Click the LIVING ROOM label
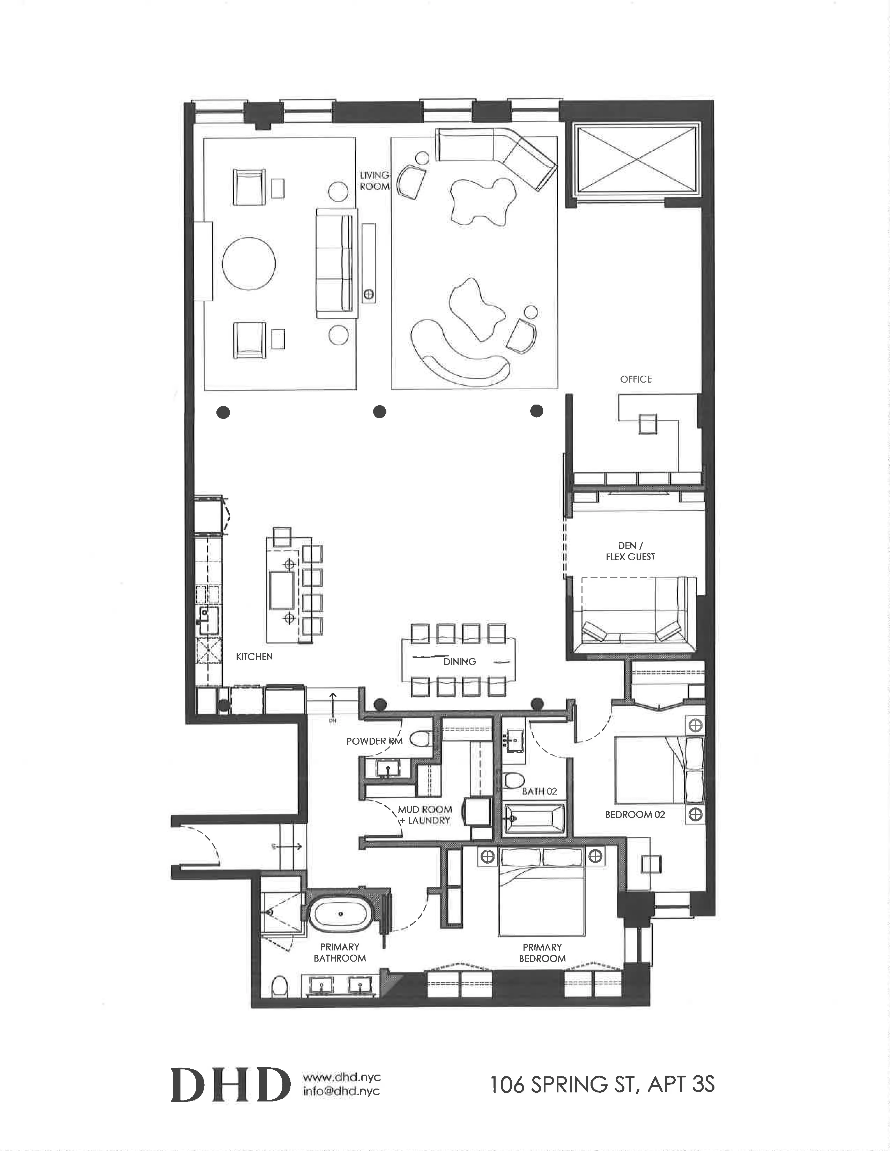click(374, 181)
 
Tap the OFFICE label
click(636, 379)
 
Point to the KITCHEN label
click(254, 657)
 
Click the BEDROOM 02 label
click(635, 815)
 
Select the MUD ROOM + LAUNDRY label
click(425, 815)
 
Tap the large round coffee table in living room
click(249, 263)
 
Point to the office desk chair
click(647, 424)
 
